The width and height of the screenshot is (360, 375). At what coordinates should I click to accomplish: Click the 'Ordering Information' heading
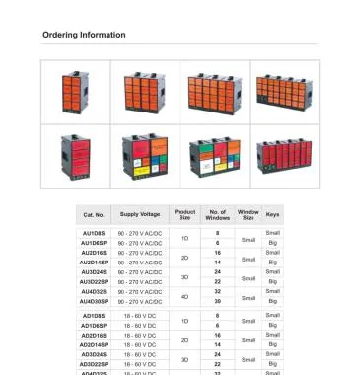coord(84,35)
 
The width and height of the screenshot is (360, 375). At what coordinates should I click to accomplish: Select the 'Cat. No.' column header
coord(94,214)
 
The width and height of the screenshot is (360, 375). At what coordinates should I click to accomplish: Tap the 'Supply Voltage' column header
coord(140,214)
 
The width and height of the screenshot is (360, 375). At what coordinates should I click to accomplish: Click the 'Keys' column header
coord(273,214)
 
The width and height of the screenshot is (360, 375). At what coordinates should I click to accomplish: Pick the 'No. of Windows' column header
coord(217,214)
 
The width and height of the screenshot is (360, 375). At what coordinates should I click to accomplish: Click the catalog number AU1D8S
coord(94,233)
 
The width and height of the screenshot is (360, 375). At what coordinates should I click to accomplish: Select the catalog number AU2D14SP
coord(94,262)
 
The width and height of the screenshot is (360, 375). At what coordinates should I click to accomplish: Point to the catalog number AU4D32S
coord(94,291)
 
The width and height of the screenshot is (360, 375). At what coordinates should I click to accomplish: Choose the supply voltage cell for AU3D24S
coord(140,271)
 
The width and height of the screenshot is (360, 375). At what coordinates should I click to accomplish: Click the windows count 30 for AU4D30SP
coord(217,301)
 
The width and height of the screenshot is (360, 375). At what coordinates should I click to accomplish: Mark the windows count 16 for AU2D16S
coord(217,253)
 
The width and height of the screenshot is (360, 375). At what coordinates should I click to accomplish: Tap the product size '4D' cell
coord(184,296)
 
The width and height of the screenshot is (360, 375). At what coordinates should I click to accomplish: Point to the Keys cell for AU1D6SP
coord(273,243)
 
